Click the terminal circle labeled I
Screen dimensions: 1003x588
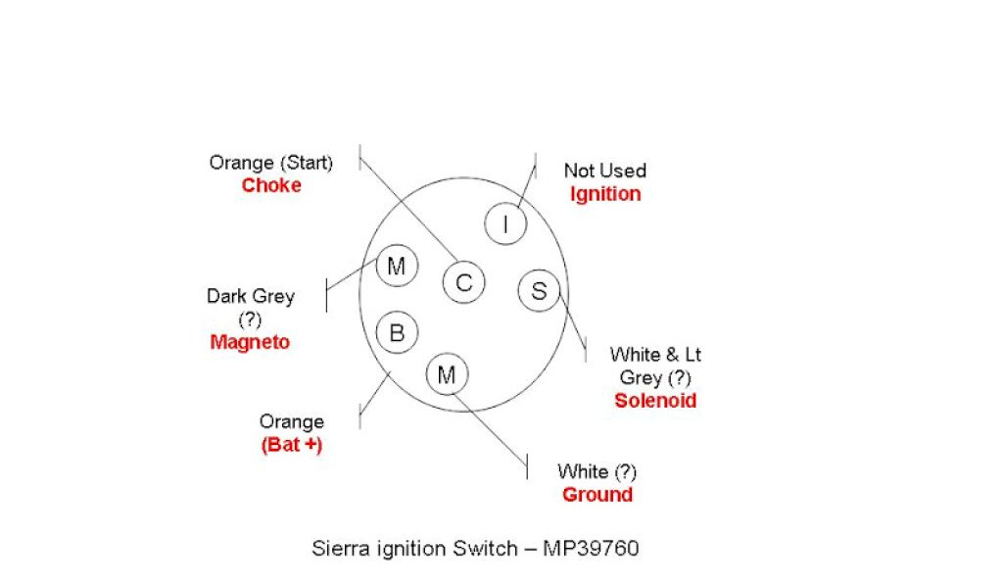pos(505,224)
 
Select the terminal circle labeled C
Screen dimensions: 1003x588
pos(463,283)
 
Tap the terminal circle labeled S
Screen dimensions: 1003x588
pos(539,290)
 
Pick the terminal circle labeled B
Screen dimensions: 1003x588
pos(397,332)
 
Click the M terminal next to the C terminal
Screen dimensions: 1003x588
pos(397,266)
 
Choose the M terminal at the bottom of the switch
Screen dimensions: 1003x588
pos(448,374)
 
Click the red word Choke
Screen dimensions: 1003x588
pos(271,185)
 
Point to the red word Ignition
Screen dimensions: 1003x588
pos(605,193)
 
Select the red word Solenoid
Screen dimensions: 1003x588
pos(655,400)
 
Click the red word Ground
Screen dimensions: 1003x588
pos(597,494)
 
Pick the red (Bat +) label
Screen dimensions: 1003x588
pos(291,445)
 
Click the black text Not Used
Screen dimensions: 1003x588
pos(604,171)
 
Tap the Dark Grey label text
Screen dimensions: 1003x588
pos(250,295)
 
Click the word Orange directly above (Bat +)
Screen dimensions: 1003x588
pos(291,421)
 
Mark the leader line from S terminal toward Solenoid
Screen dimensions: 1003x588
pos(573,323)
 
